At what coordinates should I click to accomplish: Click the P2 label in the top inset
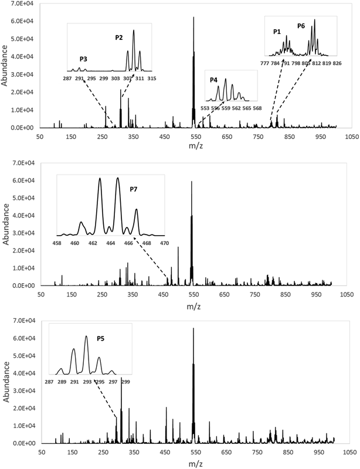[x=119, y=38]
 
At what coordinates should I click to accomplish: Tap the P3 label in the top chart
[x=83, y=59]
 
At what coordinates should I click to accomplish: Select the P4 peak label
[x=213, y=80]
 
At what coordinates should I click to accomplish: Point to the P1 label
[x=277, y=32]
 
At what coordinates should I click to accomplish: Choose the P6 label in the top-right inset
[x=301, y=26]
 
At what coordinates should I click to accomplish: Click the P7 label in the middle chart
[x=134, y=189]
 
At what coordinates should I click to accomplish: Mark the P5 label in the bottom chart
[x=100, y=339]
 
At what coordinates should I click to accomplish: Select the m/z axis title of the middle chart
[x=193, y=307]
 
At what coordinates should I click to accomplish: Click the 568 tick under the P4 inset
[x=257, y=108]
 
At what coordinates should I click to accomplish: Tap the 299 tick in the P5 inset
[x=125, y=382]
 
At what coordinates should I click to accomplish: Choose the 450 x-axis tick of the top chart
[x=165, y=137]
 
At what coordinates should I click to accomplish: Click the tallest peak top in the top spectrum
[x=193, y=17]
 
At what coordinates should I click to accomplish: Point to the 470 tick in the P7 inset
[x=165, y=243]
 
